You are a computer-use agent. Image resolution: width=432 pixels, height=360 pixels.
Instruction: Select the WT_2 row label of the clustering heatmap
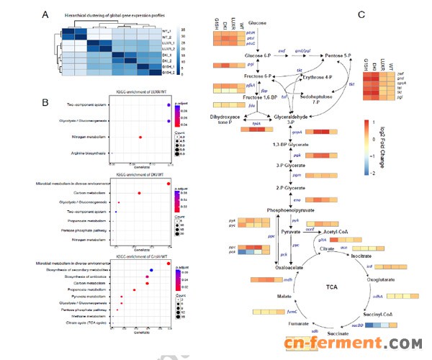(166, 35)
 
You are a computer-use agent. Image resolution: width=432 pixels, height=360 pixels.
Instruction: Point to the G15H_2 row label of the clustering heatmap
(166, 73)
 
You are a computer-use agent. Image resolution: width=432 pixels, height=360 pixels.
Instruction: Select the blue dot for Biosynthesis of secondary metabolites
(151, 270)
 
